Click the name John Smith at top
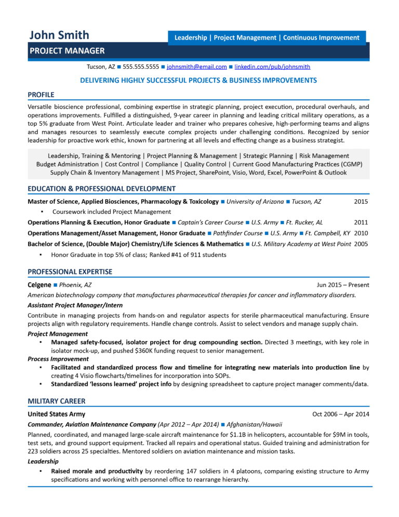pos(59,35)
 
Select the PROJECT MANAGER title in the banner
pos(67,50)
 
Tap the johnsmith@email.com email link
pos(197,67)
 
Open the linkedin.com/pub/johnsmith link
pos(273,67)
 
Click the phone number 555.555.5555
pos(141,67)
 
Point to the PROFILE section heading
pos(41,94)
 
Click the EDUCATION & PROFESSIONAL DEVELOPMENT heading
pos(101,189)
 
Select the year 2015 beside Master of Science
pos(361,201)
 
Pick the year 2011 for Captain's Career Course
pos(361,222)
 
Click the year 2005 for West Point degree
pos(361,244)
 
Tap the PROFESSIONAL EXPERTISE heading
pos(70,272)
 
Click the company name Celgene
pos(39,285)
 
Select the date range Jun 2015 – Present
pos(343,285)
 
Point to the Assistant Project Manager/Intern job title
pos(75,305)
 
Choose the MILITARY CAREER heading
pos(56,401)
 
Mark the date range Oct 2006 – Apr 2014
pos(341,414)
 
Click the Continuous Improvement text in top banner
pos(321,37)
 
